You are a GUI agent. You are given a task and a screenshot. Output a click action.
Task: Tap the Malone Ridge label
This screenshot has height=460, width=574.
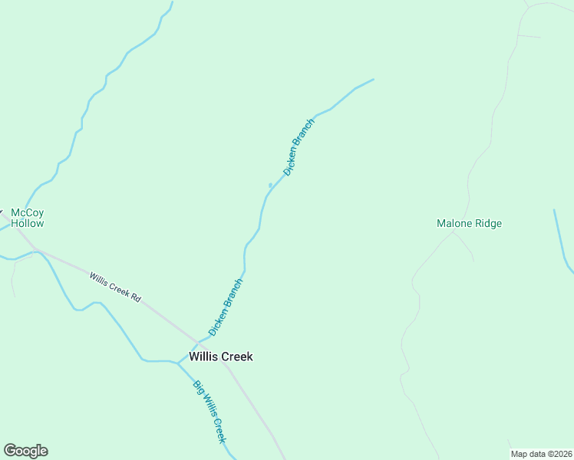469,224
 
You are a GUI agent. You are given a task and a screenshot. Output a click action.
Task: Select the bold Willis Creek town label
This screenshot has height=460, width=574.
221,356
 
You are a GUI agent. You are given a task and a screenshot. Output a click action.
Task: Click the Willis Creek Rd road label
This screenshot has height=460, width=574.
115,287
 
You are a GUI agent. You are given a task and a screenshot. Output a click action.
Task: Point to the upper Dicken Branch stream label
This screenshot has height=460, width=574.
299,147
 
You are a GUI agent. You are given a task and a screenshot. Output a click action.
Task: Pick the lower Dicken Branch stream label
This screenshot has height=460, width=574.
226,306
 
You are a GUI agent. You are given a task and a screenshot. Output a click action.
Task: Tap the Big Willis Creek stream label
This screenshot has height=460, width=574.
209,412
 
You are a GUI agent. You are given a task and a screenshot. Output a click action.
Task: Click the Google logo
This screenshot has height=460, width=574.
25,451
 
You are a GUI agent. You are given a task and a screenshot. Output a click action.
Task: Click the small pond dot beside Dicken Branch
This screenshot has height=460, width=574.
270,185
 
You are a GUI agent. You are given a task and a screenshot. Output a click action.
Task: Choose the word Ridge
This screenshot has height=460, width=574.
488,224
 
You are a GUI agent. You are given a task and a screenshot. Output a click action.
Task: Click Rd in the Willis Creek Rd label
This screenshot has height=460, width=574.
136,297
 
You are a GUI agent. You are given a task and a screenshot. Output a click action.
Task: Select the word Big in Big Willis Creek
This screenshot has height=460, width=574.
197,387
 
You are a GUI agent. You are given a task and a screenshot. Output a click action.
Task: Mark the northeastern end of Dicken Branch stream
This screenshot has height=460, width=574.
373,79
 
